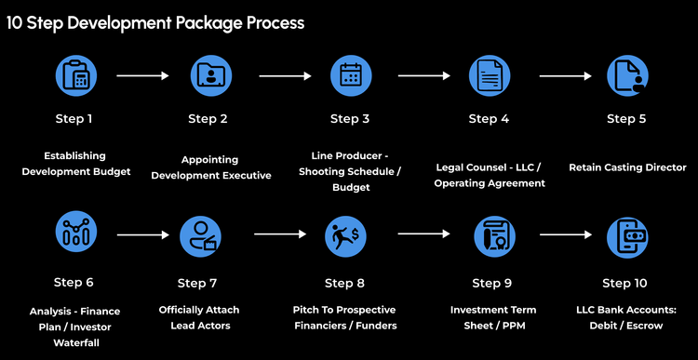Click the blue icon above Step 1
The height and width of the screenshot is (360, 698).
coord(76,76)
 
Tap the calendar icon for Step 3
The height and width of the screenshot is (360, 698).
coord(351,76)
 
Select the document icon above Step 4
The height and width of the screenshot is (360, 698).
coord(490,76)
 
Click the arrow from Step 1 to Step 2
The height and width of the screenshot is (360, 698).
coord(143,76)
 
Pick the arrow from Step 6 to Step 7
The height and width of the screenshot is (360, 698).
coord(141,235)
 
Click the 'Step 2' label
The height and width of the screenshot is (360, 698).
coord(208,118)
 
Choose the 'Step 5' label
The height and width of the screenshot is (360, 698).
coord(626,118)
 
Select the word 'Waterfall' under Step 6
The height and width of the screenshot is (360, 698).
coord(75,342)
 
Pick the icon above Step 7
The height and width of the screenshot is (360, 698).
coord(200,236)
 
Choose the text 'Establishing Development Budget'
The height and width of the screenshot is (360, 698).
coord(76,164)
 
